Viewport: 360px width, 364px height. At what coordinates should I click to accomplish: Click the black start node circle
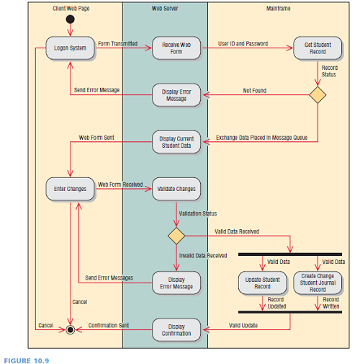(70, 19)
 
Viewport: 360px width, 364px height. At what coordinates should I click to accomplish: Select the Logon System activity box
(70, 48)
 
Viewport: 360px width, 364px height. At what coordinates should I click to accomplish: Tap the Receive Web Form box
(176, 48)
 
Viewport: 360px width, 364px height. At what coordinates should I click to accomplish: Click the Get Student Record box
(318, 48)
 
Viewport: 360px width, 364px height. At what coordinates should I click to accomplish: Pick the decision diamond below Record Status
(318, 94)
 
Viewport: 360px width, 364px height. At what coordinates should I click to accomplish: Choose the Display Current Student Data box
(176, 142)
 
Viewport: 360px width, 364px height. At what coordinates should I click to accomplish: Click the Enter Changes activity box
(70, 190)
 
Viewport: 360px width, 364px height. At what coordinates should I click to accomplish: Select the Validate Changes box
(176, 190)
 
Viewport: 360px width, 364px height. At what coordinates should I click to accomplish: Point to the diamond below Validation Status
(176, 236)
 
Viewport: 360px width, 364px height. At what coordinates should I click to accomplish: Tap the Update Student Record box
(262, 282)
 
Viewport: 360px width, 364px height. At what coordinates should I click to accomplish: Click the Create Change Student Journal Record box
(318, 282)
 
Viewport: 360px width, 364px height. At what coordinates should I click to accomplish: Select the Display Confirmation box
(176, 329)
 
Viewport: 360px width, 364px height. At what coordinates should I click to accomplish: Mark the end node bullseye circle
(70, 329)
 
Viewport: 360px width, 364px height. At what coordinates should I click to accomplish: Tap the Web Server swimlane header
(165, 9)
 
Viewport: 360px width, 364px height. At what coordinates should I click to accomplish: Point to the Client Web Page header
(71, 9)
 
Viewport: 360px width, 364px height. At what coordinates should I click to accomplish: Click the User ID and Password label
(243, 43)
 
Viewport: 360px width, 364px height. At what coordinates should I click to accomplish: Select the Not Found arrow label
(255, 90)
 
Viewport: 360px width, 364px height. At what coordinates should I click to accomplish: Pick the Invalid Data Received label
(203, 255)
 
